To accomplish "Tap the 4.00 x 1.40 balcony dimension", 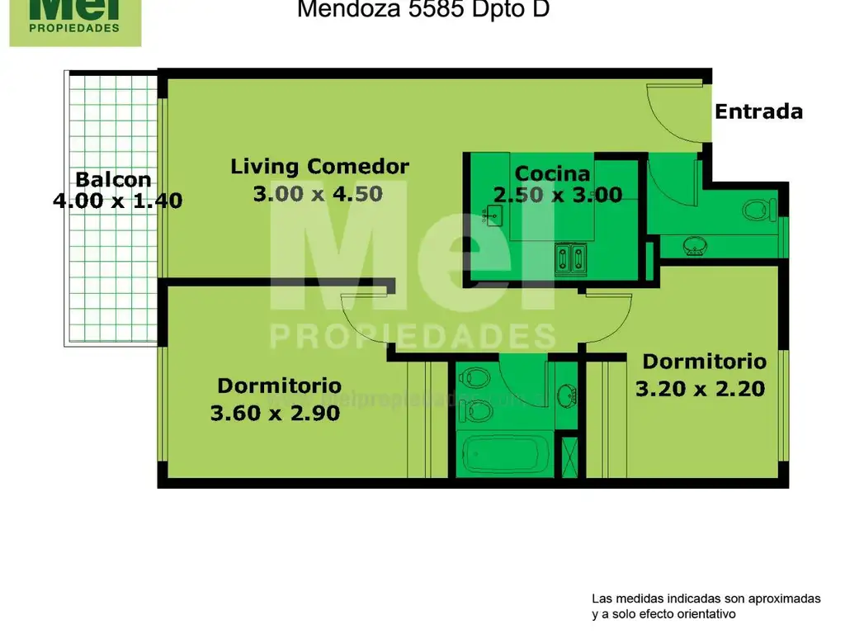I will tap(117, 200).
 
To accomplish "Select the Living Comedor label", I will tap(319, 166).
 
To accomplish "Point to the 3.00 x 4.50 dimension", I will tap(317, 194).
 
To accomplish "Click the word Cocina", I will tap(552, 173).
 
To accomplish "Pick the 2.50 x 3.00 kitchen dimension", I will tap(557, 195).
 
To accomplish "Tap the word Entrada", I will tap(758, 111).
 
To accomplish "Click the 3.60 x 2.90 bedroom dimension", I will tap(275, 413).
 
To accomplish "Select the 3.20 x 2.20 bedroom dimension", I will tap(700, 388).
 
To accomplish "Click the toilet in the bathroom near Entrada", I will tap(757, 210).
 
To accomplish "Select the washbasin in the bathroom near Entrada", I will tap(694, 244).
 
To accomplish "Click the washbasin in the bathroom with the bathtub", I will tap(567, 395).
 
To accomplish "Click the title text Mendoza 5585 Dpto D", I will tap(422, 10).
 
